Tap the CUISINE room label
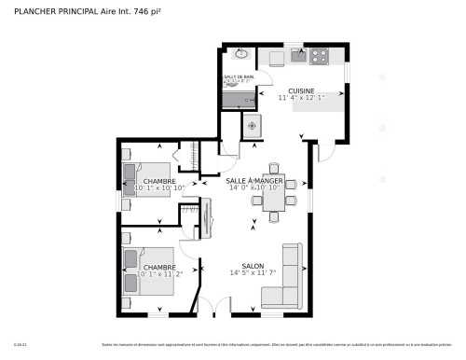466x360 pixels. point(300,90)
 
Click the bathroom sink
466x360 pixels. point(240,55)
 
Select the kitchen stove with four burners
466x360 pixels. point(320,55)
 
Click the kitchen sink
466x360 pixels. point(298,56)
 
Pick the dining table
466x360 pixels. point(274,200)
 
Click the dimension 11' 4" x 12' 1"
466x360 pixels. point(300,98)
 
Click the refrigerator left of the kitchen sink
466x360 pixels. point(275,57)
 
